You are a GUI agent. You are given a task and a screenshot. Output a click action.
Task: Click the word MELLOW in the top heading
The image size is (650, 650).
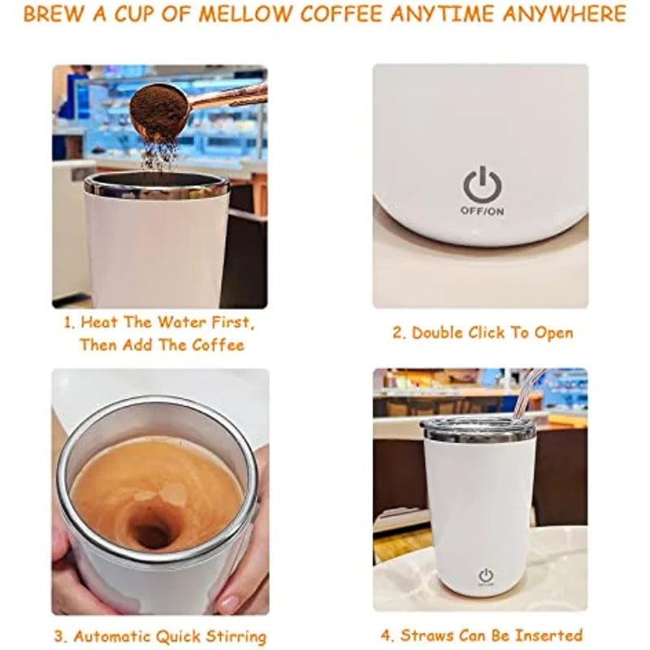pos(245,14)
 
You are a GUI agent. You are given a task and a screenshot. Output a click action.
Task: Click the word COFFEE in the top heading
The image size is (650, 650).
pos(340,14)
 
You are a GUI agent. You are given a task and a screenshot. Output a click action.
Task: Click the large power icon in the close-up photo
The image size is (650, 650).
pos(482,185)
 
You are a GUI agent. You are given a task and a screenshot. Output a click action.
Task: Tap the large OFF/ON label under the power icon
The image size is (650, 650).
pos(483,211)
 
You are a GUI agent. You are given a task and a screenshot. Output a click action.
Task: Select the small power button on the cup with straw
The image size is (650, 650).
pos(486,575)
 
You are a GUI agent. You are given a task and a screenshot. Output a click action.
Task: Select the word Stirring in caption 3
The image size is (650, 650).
pos(236,636)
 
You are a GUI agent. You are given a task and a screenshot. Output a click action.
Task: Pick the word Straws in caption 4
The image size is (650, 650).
pos(426,635)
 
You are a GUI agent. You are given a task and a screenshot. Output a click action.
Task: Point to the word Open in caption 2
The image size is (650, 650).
pos(554,333)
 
